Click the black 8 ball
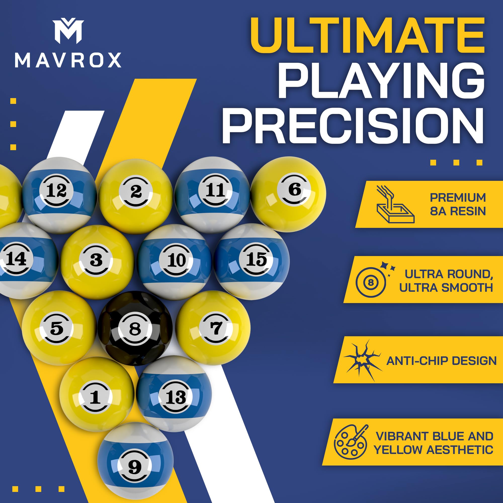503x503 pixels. coord(135,328)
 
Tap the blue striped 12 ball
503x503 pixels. coord(59,195)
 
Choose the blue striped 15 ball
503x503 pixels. coord(252,261)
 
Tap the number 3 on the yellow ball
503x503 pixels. coord(96,260)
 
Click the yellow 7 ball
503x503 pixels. coord(213,327)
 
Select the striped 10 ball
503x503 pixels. coord(175,261)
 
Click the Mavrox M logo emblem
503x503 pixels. coord(68,31)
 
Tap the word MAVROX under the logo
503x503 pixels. coord(68,60)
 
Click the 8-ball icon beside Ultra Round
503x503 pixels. coord(371,282)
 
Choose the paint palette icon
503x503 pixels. coord(350,442)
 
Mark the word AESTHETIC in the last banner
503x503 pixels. coord(460,450)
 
